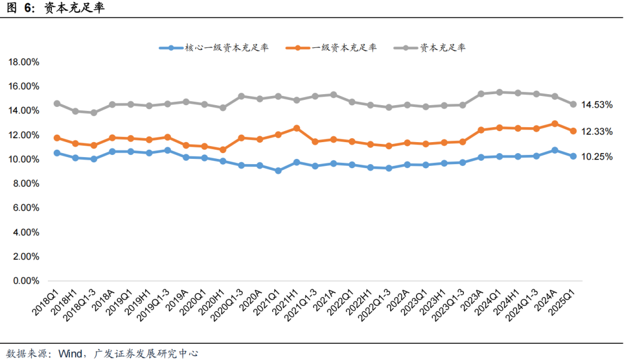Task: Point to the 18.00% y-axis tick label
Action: (x=23, y=62)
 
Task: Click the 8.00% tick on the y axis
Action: (x=25, y=184)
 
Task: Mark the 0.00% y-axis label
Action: (x=25, y=281)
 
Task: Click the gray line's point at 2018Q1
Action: (x=57, y=103)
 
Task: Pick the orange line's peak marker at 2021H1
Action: (x=296, y=128)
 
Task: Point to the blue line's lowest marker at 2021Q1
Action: (x=278, y=170)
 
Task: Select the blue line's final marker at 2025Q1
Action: (x=573, y=156)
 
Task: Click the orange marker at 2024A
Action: (x=555, y=124)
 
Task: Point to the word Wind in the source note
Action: (x=70, y=352)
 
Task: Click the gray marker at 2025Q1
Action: (x=573, y=105)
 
